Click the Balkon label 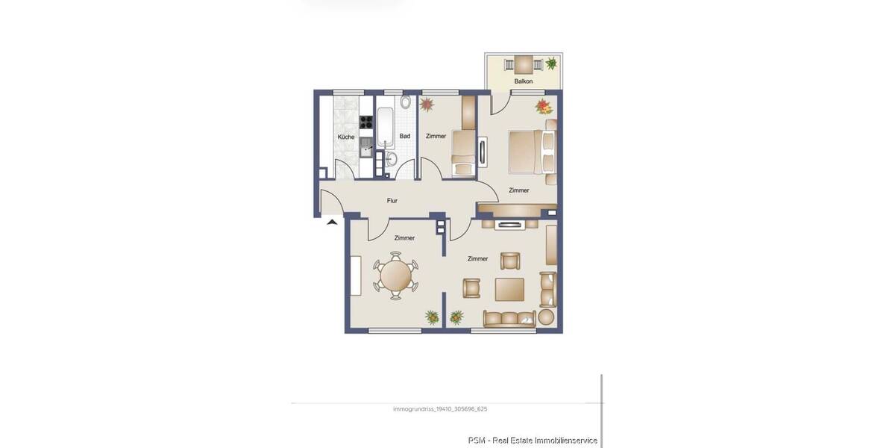point(524,81)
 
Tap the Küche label point(346,137)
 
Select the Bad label point(405,136)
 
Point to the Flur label point(392,200)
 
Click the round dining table point(396,276)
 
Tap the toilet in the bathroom point(405,102)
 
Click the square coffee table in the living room point(509,288)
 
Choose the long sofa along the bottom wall point(509,318)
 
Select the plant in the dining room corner point(432,317)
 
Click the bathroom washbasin point(390,158)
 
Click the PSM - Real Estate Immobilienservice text point(533,441)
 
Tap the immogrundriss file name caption point(439,409)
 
